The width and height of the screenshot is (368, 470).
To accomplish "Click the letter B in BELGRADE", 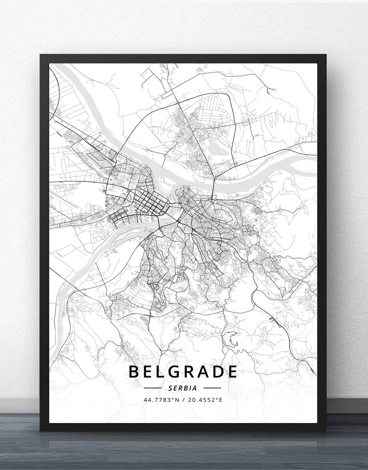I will (133, 372).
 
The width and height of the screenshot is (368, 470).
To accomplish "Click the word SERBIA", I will (183, 388).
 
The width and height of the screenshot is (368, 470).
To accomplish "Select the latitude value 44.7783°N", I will (161, 400).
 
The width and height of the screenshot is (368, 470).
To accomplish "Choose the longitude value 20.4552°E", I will (206, 400).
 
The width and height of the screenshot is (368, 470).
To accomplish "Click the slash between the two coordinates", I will (184, 400).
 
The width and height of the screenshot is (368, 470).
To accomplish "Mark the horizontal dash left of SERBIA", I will (153, 388).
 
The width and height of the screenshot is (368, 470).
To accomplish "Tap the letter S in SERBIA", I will (169, 388).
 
